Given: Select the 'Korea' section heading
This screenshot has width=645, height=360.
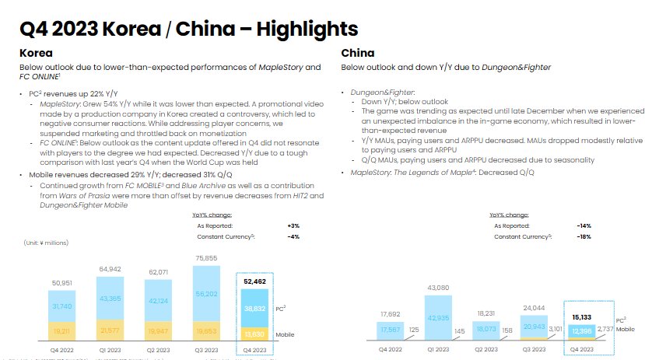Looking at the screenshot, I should [x=36, y=54].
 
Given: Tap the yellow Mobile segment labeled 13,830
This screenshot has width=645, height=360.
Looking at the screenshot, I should [x=254, y=333].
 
